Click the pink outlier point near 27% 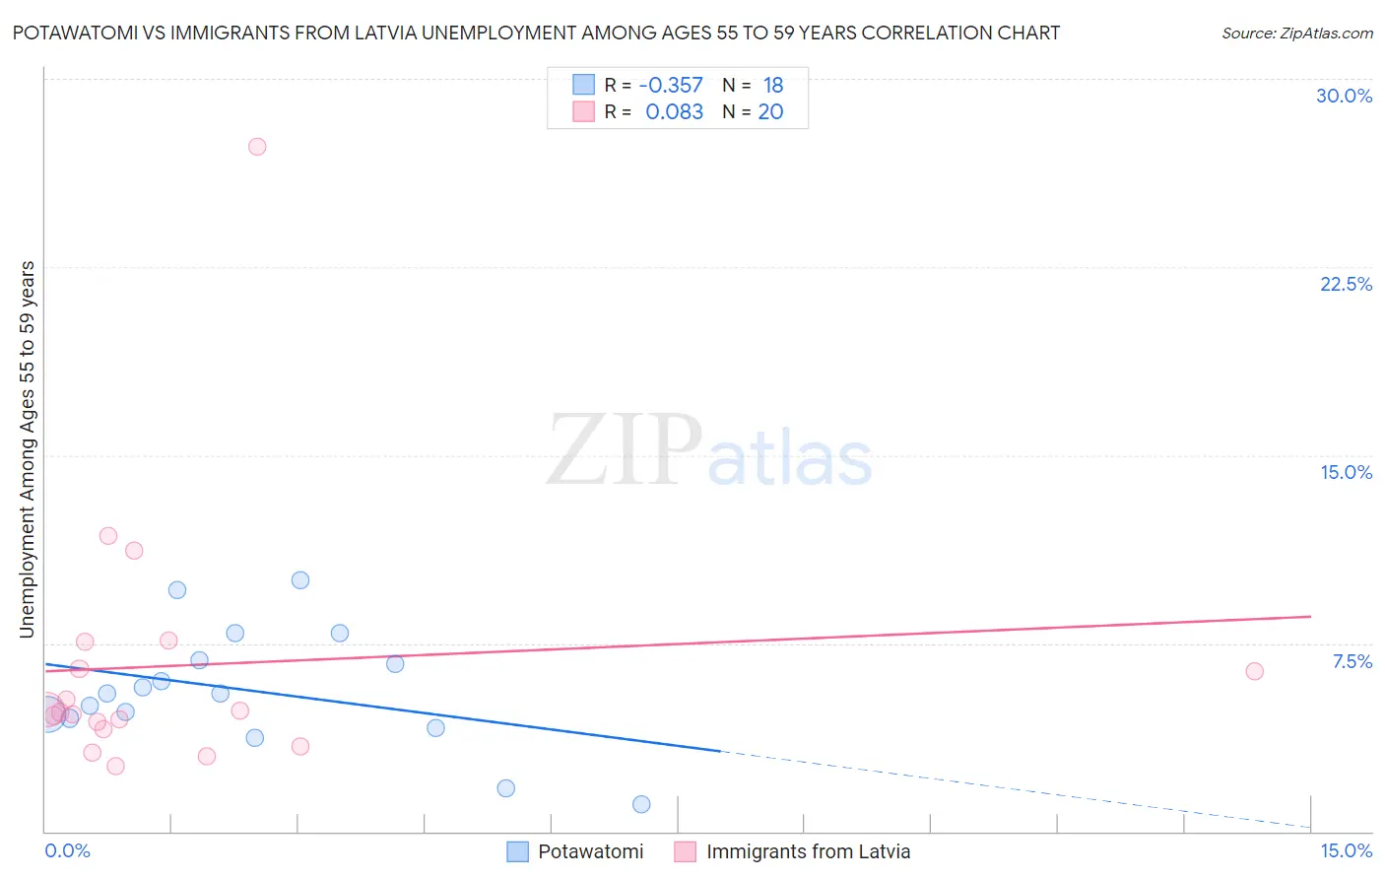coord(257,147)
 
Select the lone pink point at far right coord(1254,671)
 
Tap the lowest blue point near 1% coord(641,804)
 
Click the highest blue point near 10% coord(300,580)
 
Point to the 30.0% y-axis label coord(1344,96)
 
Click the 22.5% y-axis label coord(1346,284)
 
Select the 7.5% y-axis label coord(1352,661)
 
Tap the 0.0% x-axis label coord(67,850)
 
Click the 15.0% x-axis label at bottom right coord(1346,850)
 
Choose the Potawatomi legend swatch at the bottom coord(518,851)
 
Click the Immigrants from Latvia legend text coord(808,851)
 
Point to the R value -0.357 coord(671,86)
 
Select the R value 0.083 coord(674,112)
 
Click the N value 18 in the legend coord(773,86)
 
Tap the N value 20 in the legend coord(770,112)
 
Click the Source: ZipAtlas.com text coord(1296,34)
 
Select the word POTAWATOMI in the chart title coord(68,33)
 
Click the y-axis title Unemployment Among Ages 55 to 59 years coord(28,449)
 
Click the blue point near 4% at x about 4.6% coord(435,728)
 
